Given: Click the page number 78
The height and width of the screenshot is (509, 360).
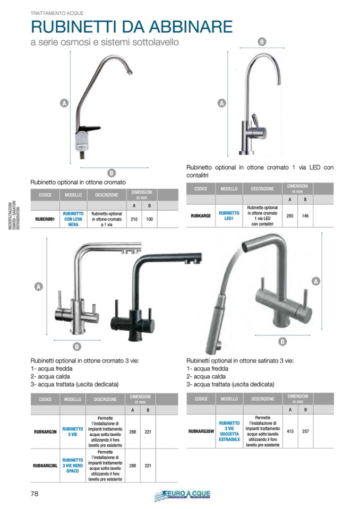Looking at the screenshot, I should [34, 494].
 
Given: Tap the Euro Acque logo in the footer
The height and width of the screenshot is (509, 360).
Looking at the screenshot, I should [182, 495].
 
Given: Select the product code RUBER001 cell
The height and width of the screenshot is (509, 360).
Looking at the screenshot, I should [45, 219].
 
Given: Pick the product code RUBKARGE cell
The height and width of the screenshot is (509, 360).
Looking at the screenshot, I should [201, 216].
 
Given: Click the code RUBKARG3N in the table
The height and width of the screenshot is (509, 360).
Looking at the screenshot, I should [45, 432].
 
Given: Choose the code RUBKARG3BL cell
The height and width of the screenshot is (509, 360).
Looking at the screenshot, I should [45, 465].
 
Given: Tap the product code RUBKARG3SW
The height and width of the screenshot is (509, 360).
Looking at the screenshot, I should [201, 432].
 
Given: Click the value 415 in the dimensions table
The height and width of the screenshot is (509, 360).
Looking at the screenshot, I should [290, 432].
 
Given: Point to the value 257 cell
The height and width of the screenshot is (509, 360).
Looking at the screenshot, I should [305, 432].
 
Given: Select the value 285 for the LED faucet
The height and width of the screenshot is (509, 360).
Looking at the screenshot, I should [290, 216].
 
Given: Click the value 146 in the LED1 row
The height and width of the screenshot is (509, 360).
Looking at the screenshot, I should [305, 216].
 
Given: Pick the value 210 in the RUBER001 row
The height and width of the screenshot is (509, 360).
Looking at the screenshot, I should [134, 219].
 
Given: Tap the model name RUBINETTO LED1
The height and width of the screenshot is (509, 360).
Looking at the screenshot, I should [229, 216].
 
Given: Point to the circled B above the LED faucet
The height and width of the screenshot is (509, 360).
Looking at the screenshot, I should [261, 41].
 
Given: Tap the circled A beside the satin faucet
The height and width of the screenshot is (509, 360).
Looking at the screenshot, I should [316, 281].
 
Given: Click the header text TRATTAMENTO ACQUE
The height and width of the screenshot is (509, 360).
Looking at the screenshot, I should [57, 12].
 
